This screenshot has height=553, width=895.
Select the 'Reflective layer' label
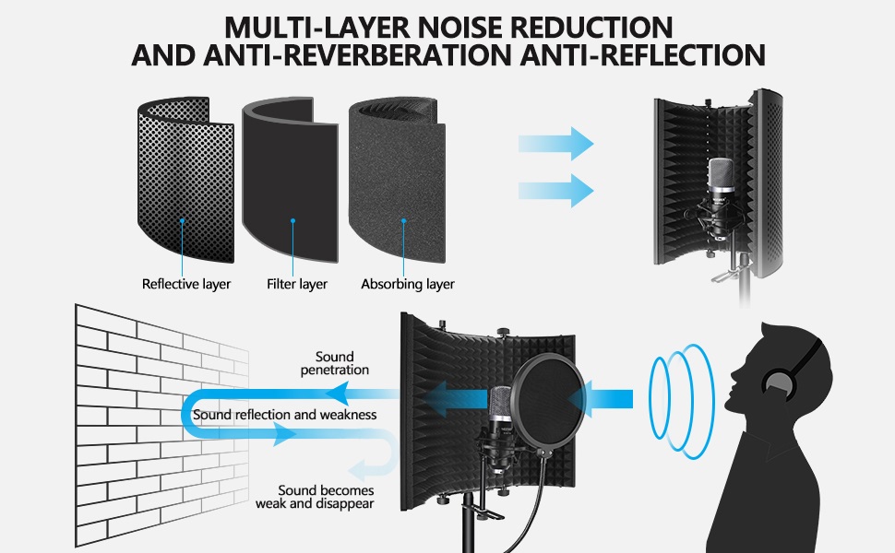pos(186,284)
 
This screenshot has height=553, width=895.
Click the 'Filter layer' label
pos(297,284)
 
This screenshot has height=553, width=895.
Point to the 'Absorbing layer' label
pos(408,284)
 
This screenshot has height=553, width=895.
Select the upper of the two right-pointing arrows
pos(555,144)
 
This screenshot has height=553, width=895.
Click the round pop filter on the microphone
pos(549,406)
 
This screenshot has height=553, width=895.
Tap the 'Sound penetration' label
pos(334,363)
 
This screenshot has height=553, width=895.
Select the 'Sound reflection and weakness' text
pos(284,415)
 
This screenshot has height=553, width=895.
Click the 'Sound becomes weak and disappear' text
pos(315,498)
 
